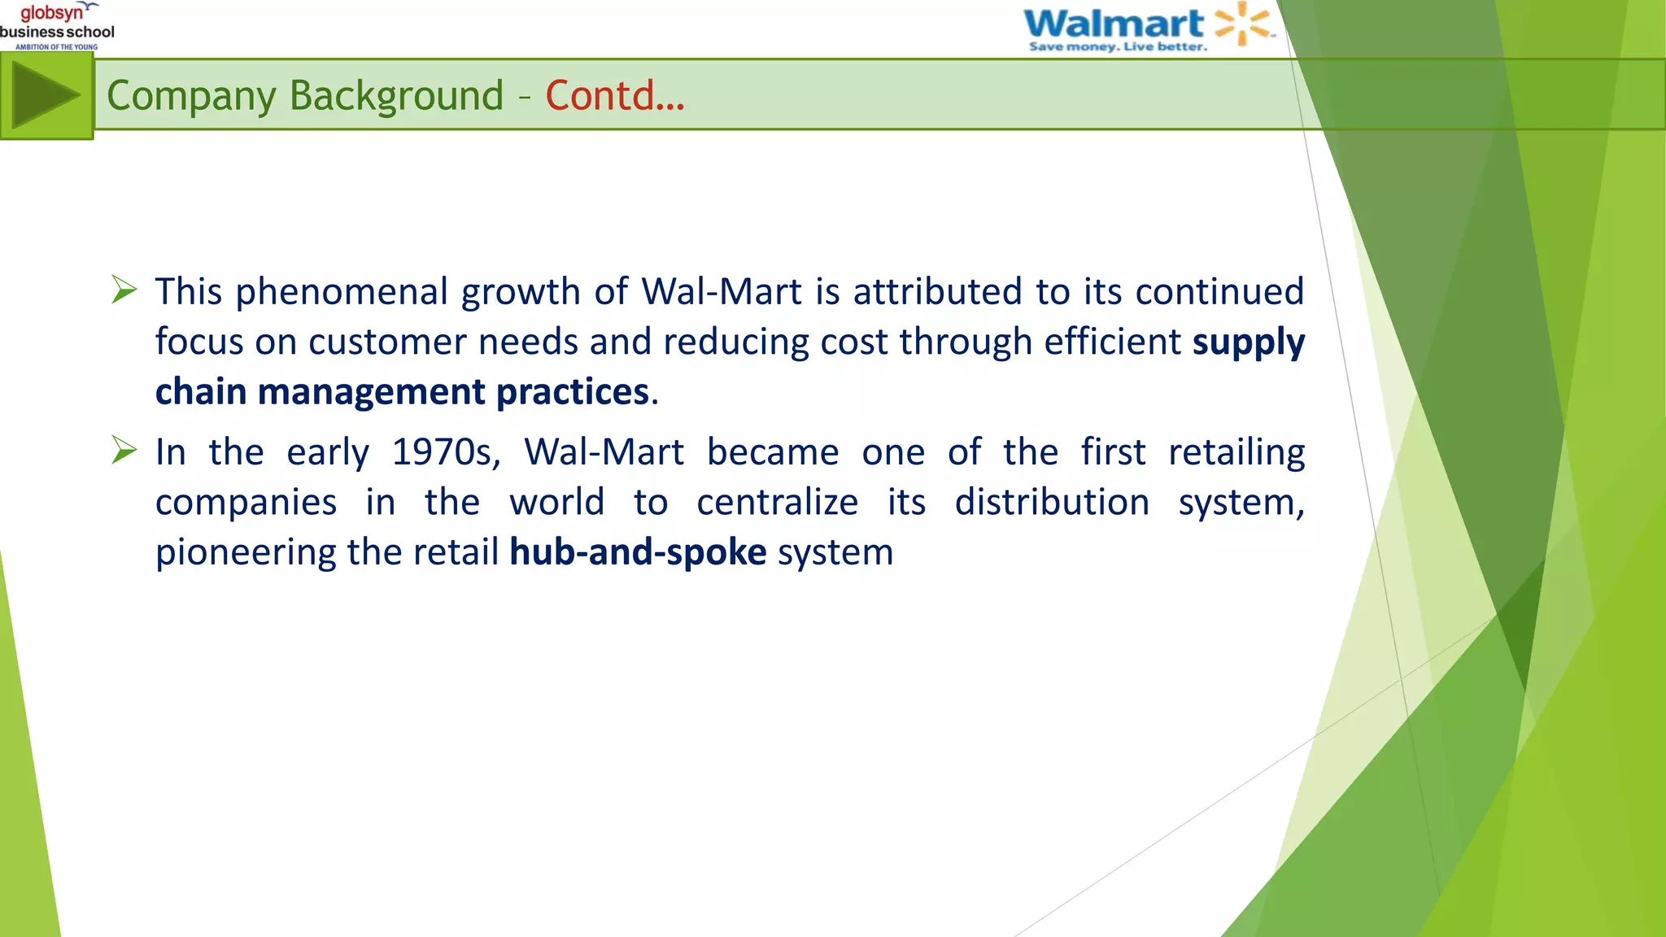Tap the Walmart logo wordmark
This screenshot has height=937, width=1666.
pyautogui.click(x=1113, y=23)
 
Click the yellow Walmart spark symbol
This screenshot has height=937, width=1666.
pyautogui.click(x=1242, y=23)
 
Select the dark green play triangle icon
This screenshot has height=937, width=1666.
pyautogui.click(x=45, y=96)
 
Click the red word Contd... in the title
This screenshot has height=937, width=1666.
pyautogui.click(x=615, y=96)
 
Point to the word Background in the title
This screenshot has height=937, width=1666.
pyautogui.click(x=396, y=96)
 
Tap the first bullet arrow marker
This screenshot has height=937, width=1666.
pyautogui.click(x=124, y=290)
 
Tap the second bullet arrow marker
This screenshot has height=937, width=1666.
pyautogui.click(x=124, y=450)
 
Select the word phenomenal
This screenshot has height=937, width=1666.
pyautogui.click(x=342, y=291)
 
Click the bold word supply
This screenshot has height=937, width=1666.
pyautogui.click(x=1248, y=342)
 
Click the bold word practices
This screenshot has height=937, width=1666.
pyautogui.click(x=573, y=392)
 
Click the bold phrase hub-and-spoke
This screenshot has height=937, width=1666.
pyautogui.click(x=638, y=552)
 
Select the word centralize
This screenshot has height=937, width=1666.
pyautogui.click(x=777, y=502)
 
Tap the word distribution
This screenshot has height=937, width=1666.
pyautogui.click(x=1052, y=502)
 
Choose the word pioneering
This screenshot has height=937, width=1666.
pyautogui.click(x=245, y=553)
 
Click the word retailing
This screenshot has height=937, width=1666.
pyautogui.click(x=1236, y=452)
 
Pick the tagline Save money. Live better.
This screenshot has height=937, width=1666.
pyautogui.click(x=1118, y=47)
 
